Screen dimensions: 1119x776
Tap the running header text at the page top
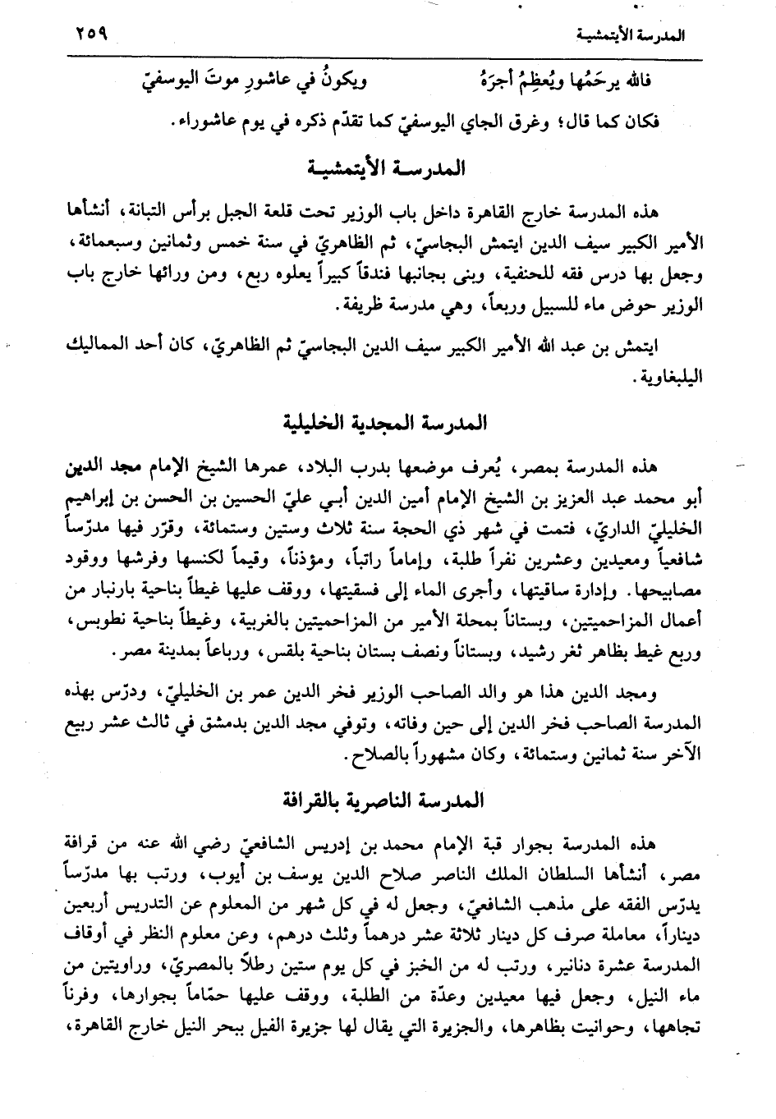[x=631, y=36]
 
